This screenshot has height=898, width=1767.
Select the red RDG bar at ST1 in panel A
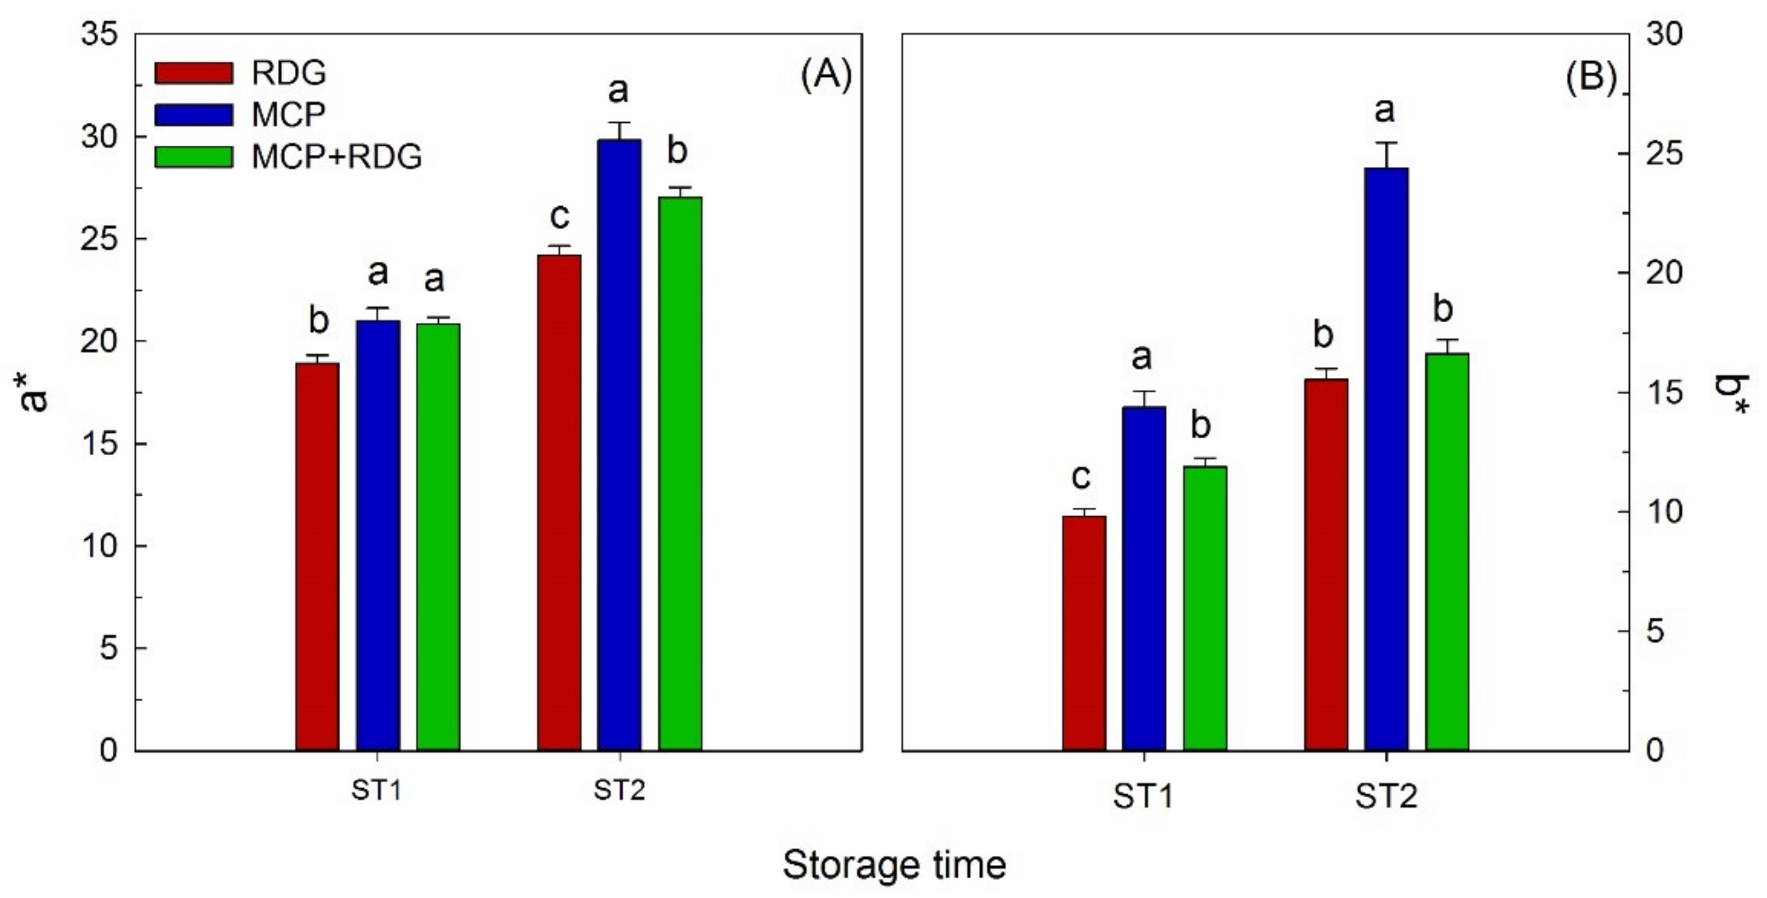click(x=317, y=556)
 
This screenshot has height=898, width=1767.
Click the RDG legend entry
click(x=288, y=73)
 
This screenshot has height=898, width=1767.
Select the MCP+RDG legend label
click(x=336, y=158)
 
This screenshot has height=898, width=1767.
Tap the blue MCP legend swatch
click(x=194, y=114)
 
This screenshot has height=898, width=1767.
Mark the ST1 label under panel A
click(x=376, y=791)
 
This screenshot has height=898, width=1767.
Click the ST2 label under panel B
click(x=1385, y=797)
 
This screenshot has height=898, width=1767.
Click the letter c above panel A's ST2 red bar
click(x=560, y=217)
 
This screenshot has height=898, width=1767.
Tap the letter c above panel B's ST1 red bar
click(x=1080, y=476)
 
